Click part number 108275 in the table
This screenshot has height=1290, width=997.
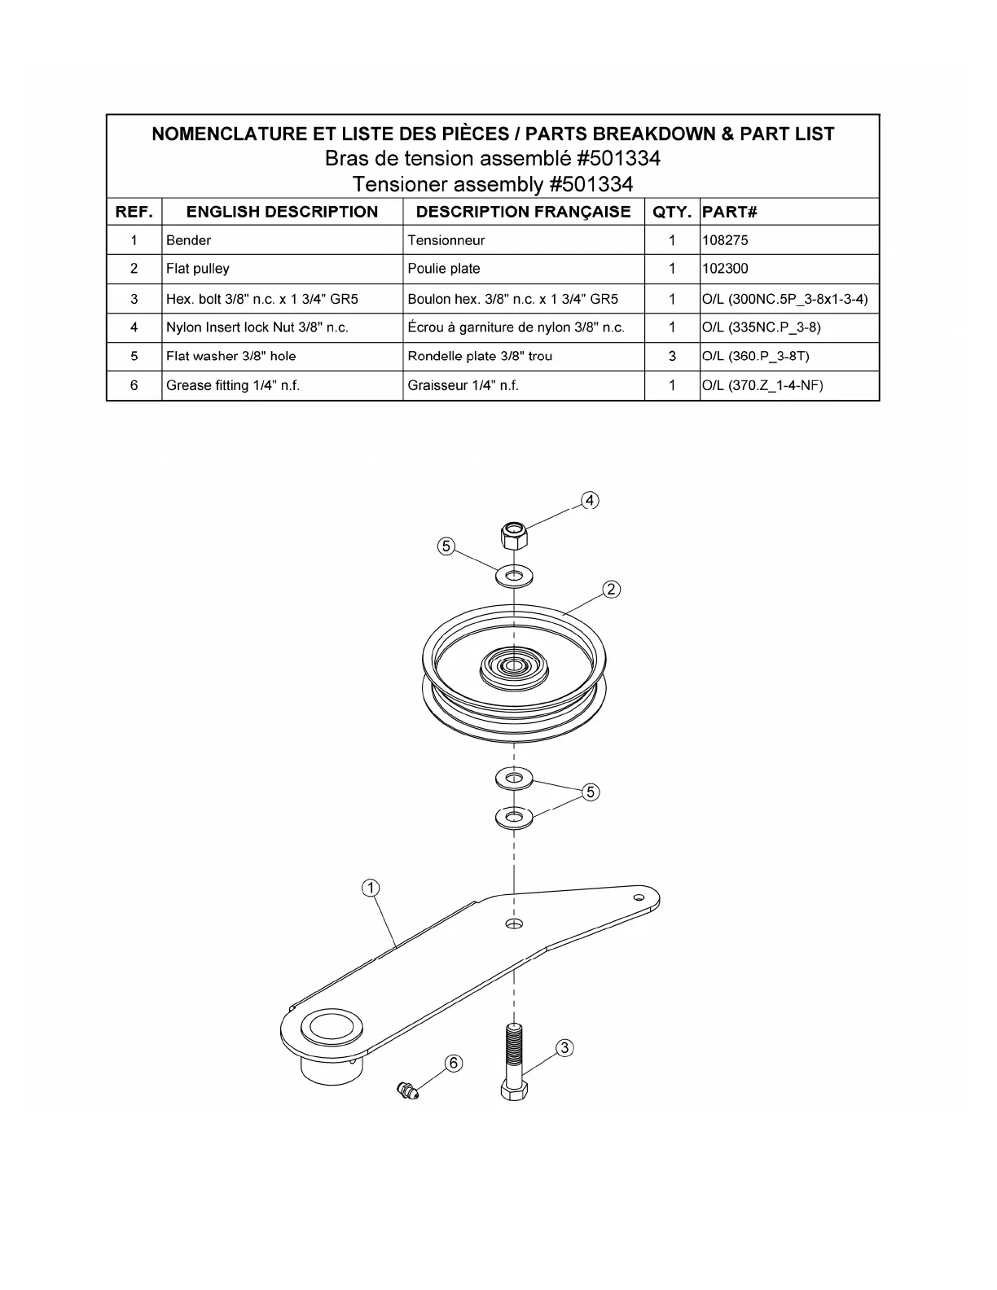(725, 240)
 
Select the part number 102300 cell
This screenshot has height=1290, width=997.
(725, 269)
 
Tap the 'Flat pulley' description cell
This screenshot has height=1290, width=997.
(198, 269)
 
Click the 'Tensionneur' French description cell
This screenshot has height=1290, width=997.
(446, 240)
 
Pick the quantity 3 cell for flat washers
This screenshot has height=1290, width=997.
(672, 356)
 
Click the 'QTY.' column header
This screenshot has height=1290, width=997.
(672, 212)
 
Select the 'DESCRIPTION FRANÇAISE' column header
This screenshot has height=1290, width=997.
(523, 212)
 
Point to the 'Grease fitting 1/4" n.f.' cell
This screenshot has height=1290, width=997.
(233, 385)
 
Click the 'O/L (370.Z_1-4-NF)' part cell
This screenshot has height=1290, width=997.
(762, 385)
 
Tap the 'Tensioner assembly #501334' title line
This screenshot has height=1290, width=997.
(493, 184)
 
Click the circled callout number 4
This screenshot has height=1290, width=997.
(590, 500)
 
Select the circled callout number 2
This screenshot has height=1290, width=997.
(612, 589)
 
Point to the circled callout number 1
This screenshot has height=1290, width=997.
(371, 888)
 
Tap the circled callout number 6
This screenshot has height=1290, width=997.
(454, 1063)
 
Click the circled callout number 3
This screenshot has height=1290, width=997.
(564, 1048)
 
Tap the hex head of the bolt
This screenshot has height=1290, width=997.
(514, 1091)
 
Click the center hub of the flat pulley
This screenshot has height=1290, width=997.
(513, 666)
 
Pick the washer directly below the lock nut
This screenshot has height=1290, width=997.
(514, 576)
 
